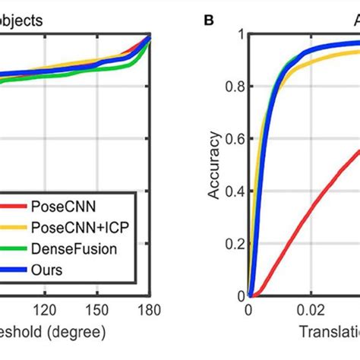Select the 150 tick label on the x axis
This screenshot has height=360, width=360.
click(x=99, y=309)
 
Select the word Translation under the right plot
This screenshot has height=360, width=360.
click(x=318, y=333)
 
